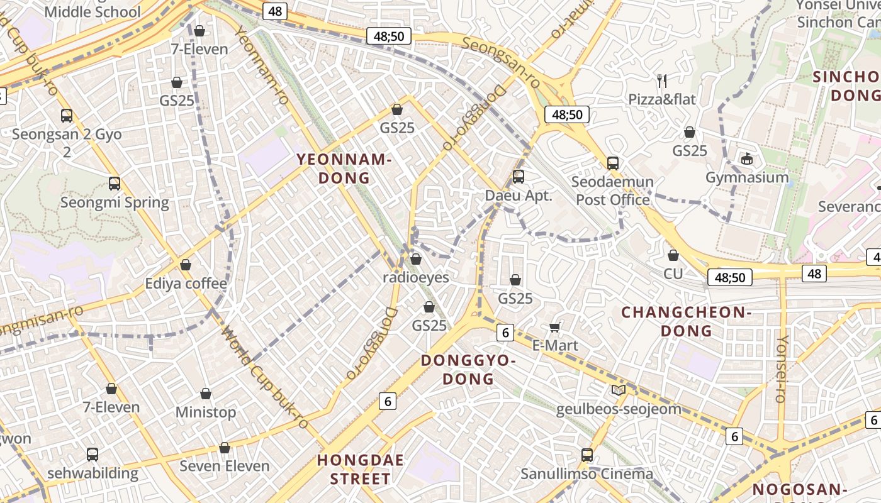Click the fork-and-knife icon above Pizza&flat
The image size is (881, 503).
(x=661, y=80)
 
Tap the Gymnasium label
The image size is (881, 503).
(x=747, y=177)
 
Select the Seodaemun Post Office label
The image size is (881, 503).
(x=612, y=191)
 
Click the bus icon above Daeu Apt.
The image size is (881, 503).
(x=519, y=177)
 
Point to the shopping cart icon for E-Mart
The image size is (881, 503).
(x=555, y=326)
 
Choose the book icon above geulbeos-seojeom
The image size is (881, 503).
(x=619, y=390)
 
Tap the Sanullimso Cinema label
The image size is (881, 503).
(x=586, y=473)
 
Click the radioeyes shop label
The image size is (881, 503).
(x=416, y=277)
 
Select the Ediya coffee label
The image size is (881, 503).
(x=186, y=284)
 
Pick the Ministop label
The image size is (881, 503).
(x=206, y=412)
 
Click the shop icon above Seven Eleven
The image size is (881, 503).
(x=225, y=448)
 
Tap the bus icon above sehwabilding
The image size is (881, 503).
(x=93, y=454)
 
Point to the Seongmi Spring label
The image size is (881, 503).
(x=115, y=202)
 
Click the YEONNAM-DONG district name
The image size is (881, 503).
(x=344, y=169)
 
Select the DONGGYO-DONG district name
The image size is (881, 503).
(x=468, y=370)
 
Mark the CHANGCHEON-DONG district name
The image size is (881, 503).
(x=687, y=321)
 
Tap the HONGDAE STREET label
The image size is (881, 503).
(x=361, y=469)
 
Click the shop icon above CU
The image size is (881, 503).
(x=673, y=255)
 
